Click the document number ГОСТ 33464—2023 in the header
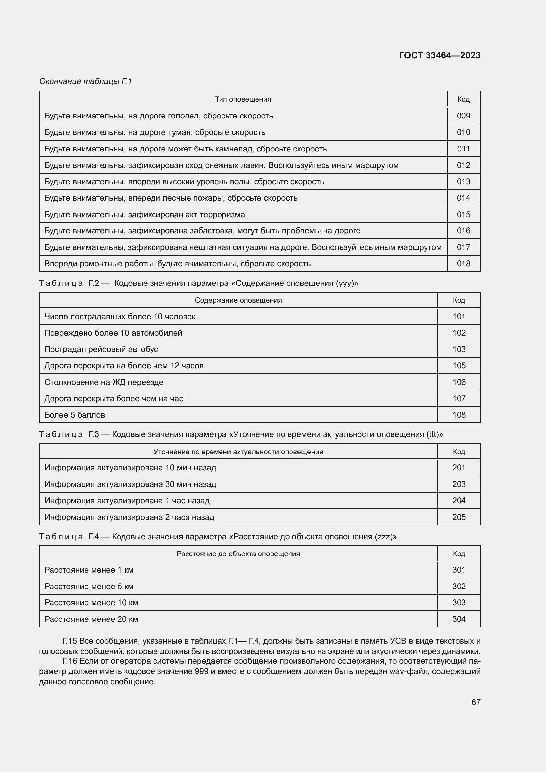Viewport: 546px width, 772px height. click(x=439, y=55)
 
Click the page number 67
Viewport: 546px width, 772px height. click(x=476, y=702)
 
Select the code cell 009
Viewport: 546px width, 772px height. click(x=463, y=116)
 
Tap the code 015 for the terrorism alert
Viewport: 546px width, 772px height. click(x=463, y=215)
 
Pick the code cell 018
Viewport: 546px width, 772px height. click(x=463, y=264)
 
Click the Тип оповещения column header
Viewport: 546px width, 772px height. click(x=243, y=100)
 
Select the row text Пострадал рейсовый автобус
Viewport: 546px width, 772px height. click(x=101, y=349)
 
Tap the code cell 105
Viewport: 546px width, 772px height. click(x=459, y=366)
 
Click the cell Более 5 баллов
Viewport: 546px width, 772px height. click(x=75, y=415)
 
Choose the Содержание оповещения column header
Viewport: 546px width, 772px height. click(x=238, y=300)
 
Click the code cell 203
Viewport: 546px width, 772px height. click(x=459, y=484)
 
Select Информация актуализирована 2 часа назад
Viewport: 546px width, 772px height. click(x=129, y=517)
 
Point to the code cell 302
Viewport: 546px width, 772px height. click(x=459, y=587)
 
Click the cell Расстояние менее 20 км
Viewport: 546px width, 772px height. click(x=91, y=619)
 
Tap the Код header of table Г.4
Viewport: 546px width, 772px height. click(x=459, y=554)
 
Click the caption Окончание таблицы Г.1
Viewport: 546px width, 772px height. click(x=85, y=82)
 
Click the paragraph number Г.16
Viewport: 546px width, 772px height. click(x=70, y=661)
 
